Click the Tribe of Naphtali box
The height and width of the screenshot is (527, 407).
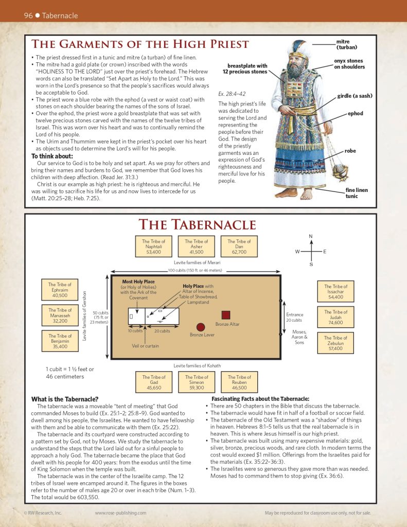[x=154, y=247]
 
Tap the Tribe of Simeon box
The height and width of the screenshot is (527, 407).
[x=197, y=382]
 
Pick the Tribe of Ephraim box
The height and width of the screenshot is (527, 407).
[x=60, y=290]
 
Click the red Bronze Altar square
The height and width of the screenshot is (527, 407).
[x=225, y=315]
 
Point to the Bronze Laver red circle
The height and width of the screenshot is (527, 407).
[x=201, y=327]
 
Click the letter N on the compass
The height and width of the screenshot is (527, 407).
[x=311, y=236]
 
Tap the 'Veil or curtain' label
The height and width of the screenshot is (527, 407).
[x=146, y=346]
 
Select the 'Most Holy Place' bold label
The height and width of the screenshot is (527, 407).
[x=138, y=282]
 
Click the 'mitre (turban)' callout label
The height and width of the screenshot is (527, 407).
[x=346, y=44]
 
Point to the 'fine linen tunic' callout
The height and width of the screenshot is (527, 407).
[x=356, y=193]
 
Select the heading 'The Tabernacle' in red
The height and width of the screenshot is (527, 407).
[x=197, y=225]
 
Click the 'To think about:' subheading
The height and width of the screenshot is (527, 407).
[x=52, y=156]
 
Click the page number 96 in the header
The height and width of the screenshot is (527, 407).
[x=28, y=15]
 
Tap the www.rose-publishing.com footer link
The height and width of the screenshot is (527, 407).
[x=120, y=513]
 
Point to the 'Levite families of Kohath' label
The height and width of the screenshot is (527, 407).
[x=197, y=366]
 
